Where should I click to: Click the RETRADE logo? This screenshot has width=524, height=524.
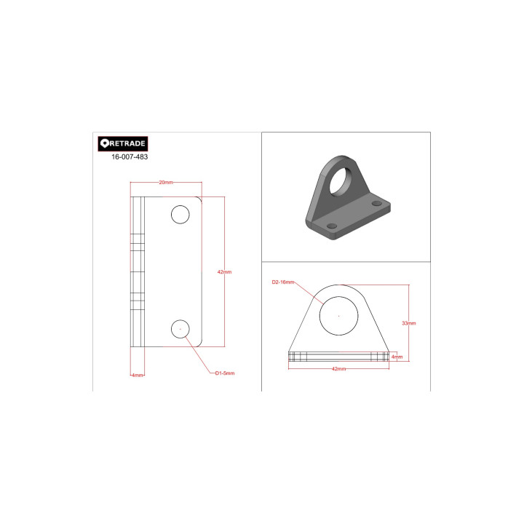[123, 143]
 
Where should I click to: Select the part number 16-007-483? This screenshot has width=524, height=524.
[130, 156]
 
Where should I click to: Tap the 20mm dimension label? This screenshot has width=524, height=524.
[166, 183]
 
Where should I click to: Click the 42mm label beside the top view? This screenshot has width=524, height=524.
[224, 272]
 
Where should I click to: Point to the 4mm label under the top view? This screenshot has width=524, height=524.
[138, 376]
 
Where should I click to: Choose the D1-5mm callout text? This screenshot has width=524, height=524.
[225, 373]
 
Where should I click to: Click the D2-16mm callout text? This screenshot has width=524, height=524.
[282, 282]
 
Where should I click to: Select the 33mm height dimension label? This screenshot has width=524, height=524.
[409, 323]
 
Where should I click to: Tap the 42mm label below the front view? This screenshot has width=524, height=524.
[338, 369]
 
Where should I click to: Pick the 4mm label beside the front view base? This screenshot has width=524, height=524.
[397, 357]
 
